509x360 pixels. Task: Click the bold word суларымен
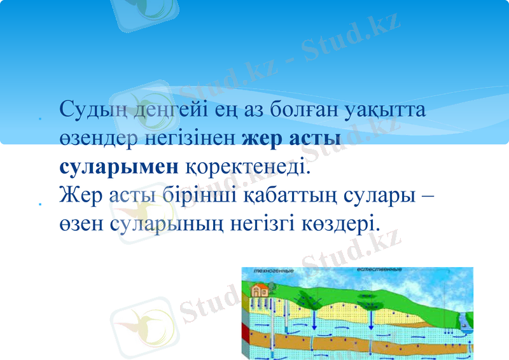tap(119, 167)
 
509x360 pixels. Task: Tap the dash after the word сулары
tap(428, 195)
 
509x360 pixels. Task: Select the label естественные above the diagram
tap(380, 270)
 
